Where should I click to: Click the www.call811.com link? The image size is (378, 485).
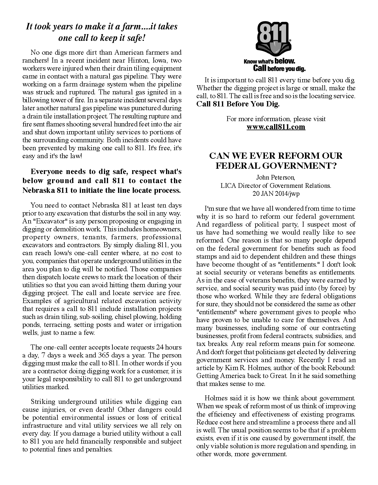(276, 127)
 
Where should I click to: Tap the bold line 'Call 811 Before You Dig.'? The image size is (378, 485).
(238, 104)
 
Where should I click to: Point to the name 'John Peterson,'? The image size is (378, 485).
(276, 178)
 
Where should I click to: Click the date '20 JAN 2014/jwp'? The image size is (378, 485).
(276, 193)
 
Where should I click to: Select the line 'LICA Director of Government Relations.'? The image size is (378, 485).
(276, 185)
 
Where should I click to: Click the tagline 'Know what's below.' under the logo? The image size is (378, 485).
(269, 61)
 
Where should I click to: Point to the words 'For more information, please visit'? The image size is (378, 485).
(276, 119)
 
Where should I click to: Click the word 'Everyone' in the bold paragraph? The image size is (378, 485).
(47, 171)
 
